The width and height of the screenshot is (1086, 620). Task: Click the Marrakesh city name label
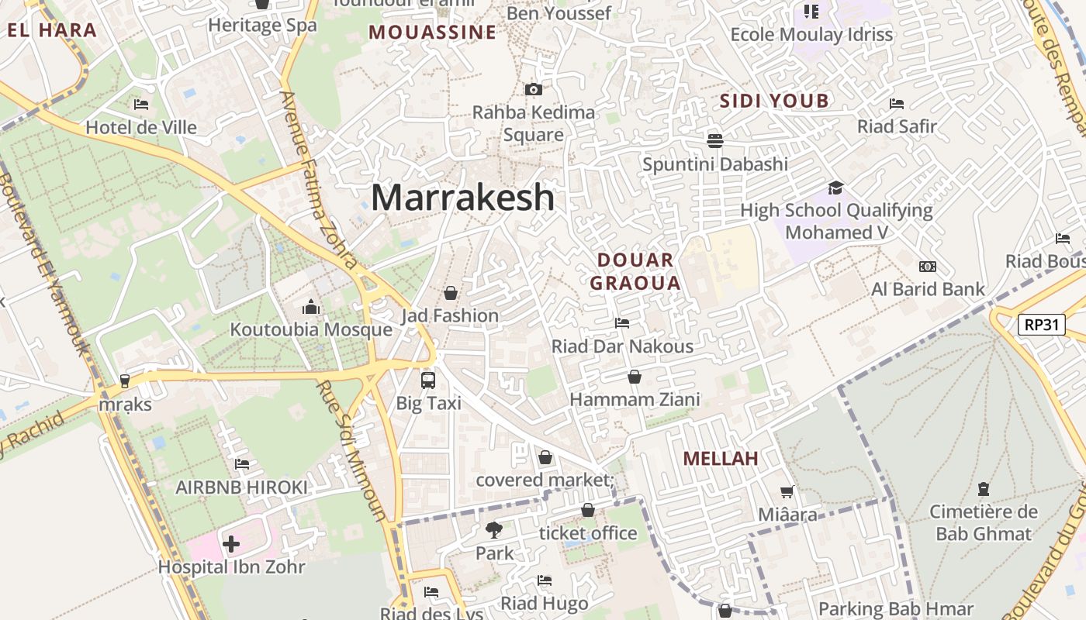(462, 198)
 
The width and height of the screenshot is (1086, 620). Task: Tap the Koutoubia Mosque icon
(311, 307)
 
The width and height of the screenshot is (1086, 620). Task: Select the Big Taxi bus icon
(428, 380)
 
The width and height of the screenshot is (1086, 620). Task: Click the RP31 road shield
(1041, 325)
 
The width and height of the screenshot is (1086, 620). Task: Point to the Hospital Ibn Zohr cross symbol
(231, 544)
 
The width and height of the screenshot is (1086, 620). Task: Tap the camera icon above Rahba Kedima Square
(533, 89)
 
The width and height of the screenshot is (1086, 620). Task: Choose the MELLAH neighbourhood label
(721, 458)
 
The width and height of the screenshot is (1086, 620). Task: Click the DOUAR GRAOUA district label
(635, 271)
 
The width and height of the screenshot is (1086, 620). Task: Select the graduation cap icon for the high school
(835, 188)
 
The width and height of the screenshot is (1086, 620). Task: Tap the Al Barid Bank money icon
(927, 267)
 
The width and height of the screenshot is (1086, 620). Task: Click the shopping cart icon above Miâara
(787, 491)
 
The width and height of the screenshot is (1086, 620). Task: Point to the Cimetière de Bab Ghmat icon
(984, 489)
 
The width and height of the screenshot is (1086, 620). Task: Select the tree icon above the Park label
(494, 530)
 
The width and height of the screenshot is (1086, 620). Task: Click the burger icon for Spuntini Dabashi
(714, 140)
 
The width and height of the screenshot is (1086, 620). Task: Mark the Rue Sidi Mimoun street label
(352, 449)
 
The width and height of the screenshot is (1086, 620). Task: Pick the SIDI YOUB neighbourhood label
(774, 101)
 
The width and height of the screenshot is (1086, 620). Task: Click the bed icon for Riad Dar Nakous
(621, 323)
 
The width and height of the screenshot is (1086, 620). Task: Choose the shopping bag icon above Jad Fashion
(450, 293)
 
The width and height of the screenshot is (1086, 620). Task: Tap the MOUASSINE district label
(432, 33)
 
